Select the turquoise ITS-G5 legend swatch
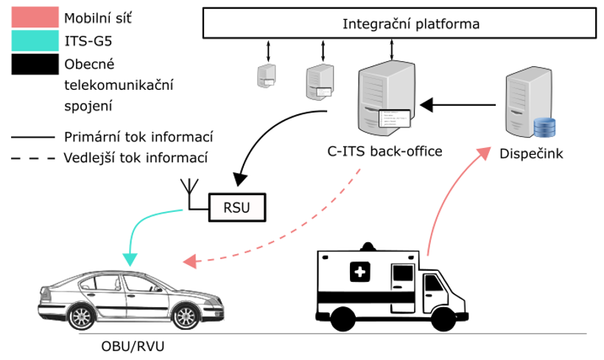[35, 41]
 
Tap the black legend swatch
[35, 65]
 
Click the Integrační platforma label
[411, 24]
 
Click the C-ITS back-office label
[384, 152]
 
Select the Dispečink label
[530, 154]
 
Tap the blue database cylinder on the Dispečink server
[544, 127]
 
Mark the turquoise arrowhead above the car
[130, 258]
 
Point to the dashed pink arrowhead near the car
[189, 261]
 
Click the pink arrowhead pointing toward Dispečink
[485, 152]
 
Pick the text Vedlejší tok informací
[136, 158]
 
